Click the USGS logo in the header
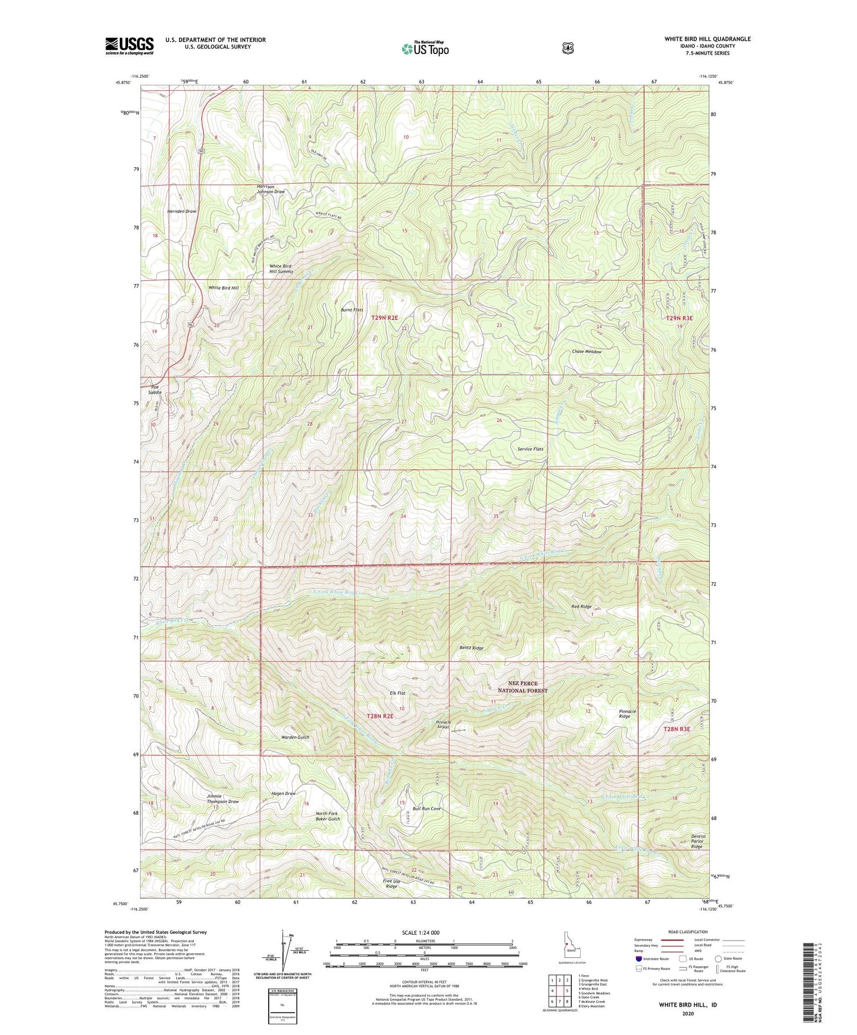click(x=129, y=46)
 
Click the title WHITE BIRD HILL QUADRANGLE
click(x=707, y=39)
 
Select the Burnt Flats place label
click(x=352, y=310)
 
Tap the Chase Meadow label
click(x=586, y=352)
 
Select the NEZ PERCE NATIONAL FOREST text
click(x=522, y=686)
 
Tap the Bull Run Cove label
click(x=426, y=809)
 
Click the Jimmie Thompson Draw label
click(x=222, y=798)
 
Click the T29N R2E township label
click(x=386, y=318)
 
